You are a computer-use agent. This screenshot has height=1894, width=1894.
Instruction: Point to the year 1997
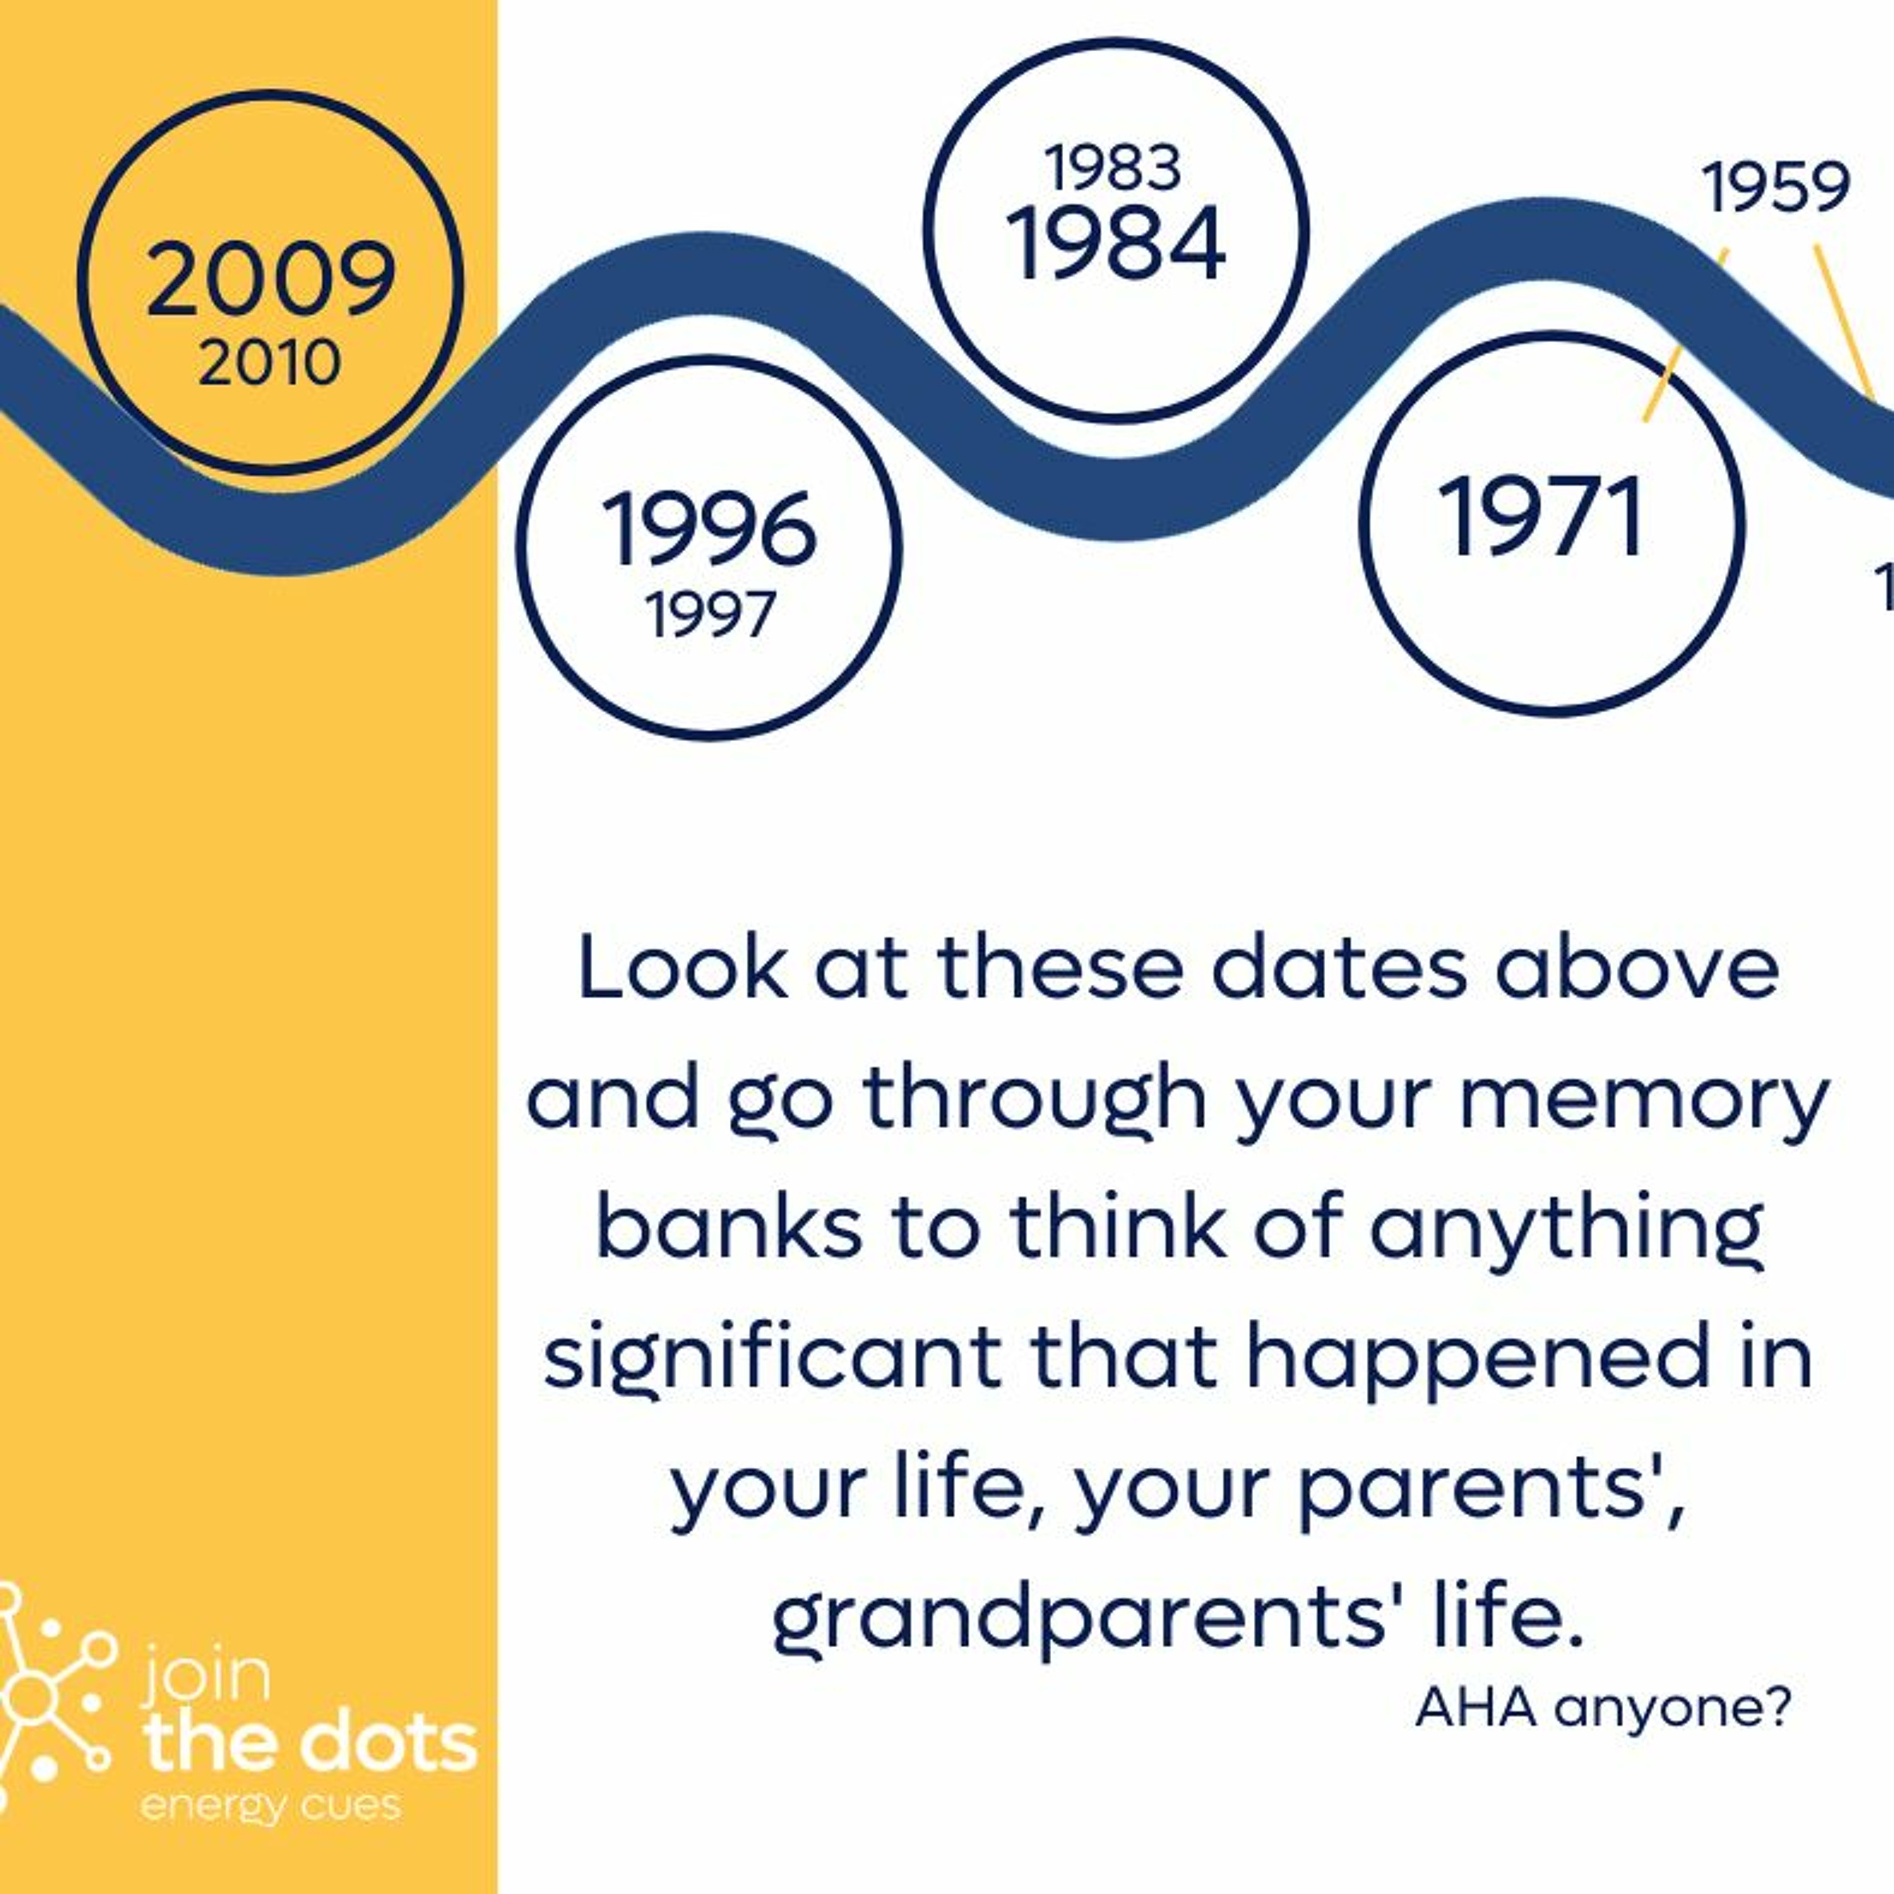(710, 615)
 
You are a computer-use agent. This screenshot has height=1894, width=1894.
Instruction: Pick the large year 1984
(1115, 243)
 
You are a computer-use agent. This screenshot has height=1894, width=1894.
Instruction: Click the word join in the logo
(205, 1677)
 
